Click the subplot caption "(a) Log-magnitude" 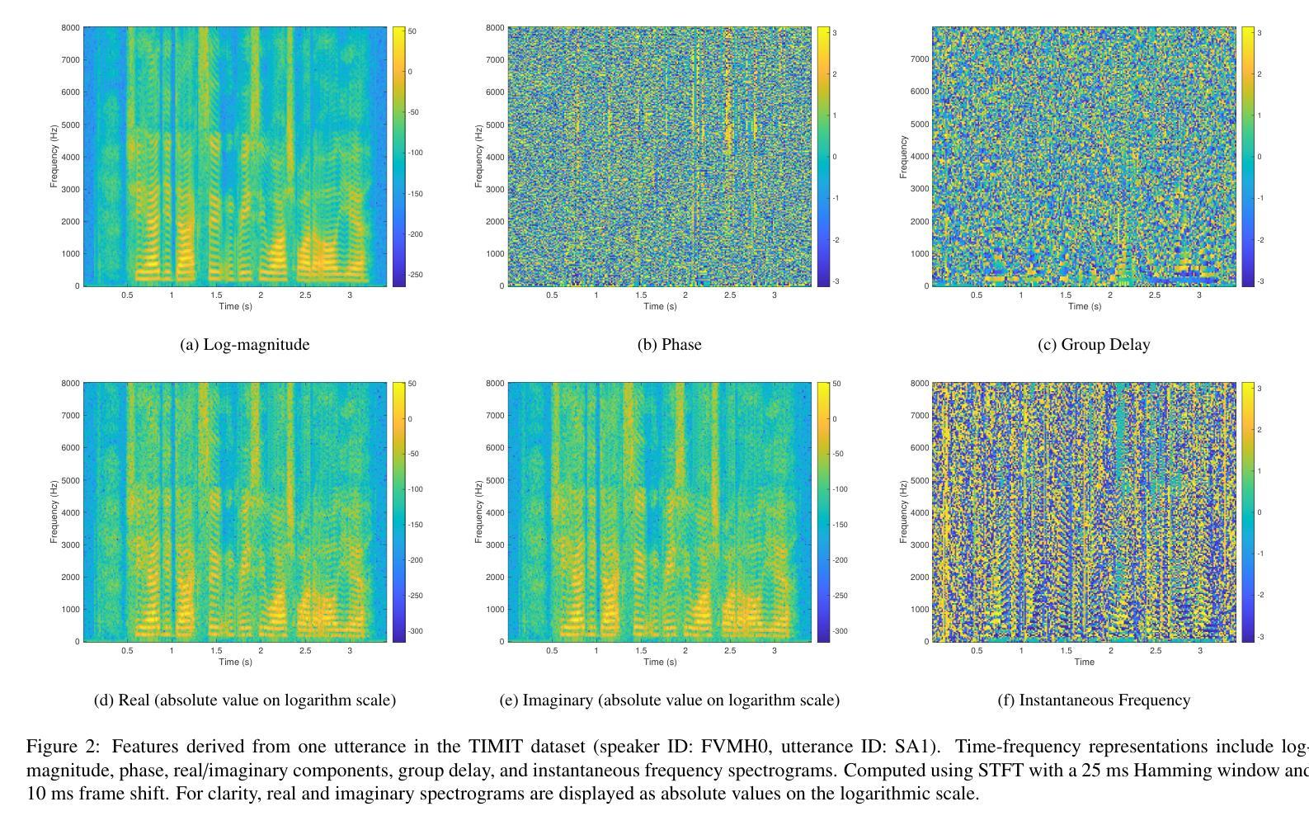click(x=244, y=345)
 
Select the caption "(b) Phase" click(x=669, y=345)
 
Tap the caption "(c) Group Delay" click(x=1093, y=345)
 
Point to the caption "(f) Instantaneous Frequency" click(x=1093, y=700)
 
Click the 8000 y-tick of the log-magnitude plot click(x=71, y=28)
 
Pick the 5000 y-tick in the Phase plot click(x=495, y=125)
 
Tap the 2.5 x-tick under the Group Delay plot click(x=1155, y=295)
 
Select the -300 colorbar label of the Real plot click(x=414, y=631)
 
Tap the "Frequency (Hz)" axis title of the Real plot click(x=54, y=512)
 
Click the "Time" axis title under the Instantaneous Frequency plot click(x=1084, y=662)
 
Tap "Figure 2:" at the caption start click(x=63, y=747)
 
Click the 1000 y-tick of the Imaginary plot click(x=495, y=610)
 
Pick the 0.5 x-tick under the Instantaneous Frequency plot click(x=977, y=651)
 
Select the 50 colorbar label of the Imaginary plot click(x=836, y=384)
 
